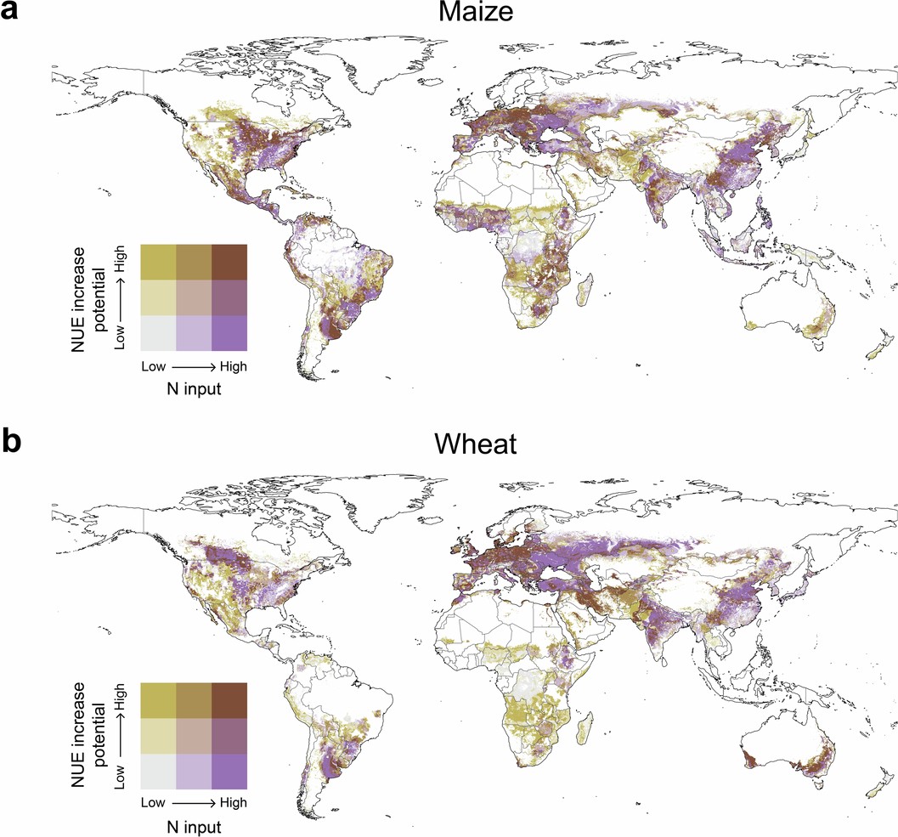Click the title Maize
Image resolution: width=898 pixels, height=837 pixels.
449,15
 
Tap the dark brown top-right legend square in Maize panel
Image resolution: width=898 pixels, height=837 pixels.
229,261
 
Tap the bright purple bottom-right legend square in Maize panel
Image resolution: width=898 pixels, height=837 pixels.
229,333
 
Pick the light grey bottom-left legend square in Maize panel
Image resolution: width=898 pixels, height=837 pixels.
158,333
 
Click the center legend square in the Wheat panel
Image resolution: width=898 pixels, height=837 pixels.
194,736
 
